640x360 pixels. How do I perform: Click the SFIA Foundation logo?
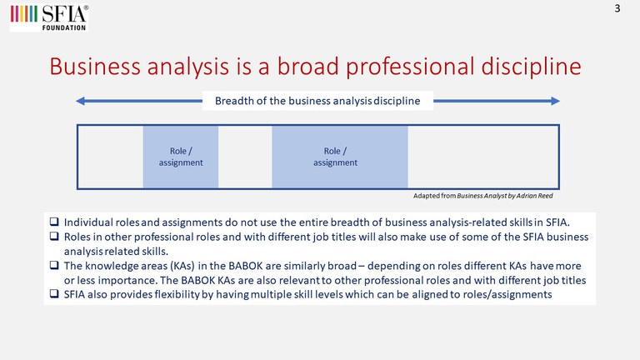pyautogui.click(x=49, y=18)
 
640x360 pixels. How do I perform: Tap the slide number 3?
pyautogui.click(x=617, y=8)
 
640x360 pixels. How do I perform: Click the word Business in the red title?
pyautogui.click(x=95, y=66)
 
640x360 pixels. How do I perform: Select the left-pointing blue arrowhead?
pyautogui.click(x=80, y=101)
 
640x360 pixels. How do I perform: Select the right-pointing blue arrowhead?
pyautogui.click(x=555, y=101)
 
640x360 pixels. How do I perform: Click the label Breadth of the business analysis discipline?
pyautogui.click(x=317, y=101)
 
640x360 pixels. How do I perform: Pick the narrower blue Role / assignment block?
pyautogui.click(x=180, y=157)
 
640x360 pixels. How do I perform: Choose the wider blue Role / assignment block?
pyautogui.click(x=340, y=157)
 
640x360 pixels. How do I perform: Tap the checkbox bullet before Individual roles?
pyautogui.click(x=54, y=222)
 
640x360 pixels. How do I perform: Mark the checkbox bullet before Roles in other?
pyautogui.click(x=54, y=237)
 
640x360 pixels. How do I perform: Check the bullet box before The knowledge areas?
pyautogui.click(x=54, y=265)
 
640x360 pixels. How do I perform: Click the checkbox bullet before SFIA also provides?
pyautogui.click(x=54, y=294)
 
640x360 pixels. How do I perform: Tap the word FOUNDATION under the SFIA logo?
pyautogui.click(x=64, y=27)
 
